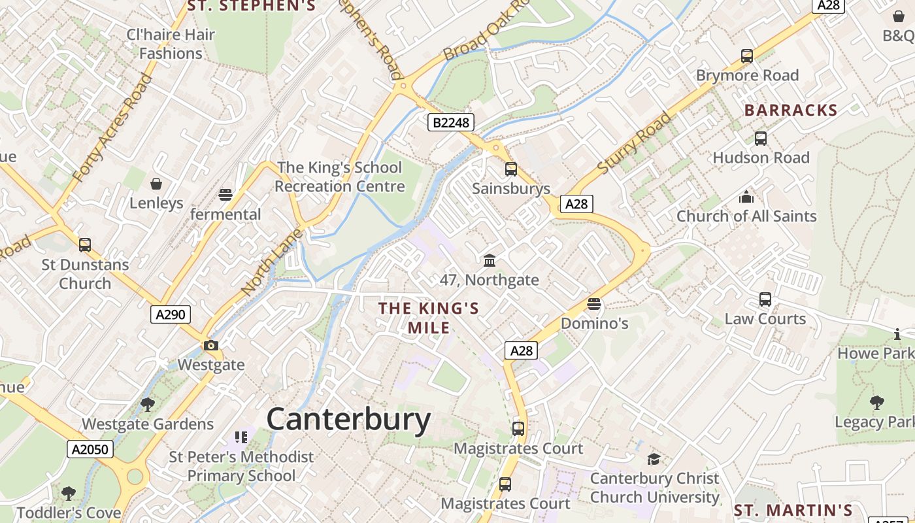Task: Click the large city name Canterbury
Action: [348, 419]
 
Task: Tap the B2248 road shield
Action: [451, 122]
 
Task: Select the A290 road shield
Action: [171, 314]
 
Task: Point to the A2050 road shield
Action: [90, 449]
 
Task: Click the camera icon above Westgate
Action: [210, 345]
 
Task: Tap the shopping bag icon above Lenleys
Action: [156, 184]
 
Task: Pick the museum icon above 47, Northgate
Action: [489, 261]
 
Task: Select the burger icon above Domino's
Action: [594, 304]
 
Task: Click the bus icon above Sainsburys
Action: [511, 169]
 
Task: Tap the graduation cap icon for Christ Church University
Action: [654, 459]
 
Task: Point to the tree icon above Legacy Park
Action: [876, 403]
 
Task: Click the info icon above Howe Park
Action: [897, 334]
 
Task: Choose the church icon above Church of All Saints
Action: [746, 197]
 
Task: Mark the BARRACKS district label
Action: [791, 110]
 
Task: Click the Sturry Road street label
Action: [634, 143]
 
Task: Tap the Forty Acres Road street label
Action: [112, 128]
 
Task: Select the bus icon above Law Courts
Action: [765, 299]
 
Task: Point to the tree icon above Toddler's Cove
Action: [69, 493]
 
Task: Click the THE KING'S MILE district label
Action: [429, 318]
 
